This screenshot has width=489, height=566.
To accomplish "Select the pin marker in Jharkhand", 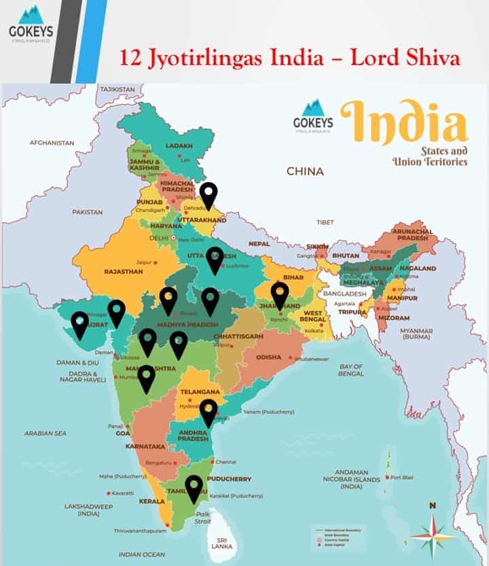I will click(x=279, y=295).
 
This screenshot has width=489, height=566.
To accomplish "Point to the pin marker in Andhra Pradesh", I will click(x=208, y=412).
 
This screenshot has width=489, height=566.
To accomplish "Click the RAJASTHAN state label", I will click(x=124, y=271).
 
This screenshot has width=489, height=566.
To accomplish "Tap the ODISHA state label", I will click(x=270, y=357).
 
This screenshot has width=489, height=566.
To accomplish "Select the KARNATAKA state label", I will click(x=145, y=446).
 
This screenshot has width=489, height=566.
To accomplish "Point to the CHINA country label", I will click(x=304, y=171).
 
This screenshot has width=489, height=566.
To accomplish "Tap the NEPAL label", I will click(x=259, y=243).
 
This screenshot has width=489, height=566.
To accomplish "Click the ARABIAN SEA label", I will click(x=45, y=433).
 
